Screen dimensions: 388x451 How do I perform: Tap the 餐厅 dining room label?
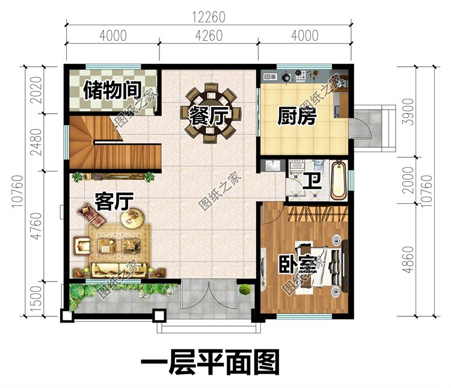coord(210,114)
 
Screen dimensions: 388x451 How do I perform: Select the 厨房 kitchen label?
coord(296,116)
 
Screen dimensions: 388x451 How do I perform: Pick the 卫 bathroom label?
coord(311,180)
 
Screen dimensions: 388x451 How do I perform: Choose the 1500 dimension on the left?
coord(36,298)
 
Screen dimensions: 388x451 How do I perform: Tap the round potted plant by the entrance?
coord(245,291)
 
